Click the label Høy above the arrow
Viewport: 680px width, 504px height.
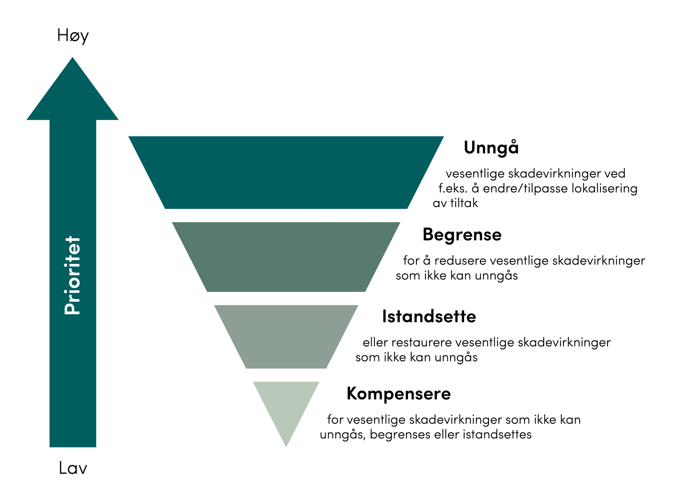click(x=73, y=35)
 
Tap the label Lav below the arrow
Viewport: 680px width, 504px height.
click(x=73, y=468)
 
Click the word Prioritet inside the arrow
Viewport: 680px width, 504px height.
click(x=73, y=275)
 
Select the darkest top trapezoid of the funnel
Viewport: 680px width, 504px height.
click(x=286, y=172)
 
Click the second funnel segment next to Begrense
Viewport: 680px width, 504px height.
click(x=286, y=257)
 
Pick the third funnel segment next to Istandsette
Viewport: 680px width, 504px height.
click(x=286, y=336)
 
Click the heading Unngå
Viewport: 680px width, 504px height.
click(x=491, y=148)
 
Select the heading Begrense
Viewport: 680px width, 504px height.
click(x=462, y=235)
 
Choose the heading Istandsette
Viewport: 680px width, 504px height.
click(x=429, y=316)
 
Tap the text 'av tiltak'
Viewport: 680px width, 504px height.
click(x=455, y=203)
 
